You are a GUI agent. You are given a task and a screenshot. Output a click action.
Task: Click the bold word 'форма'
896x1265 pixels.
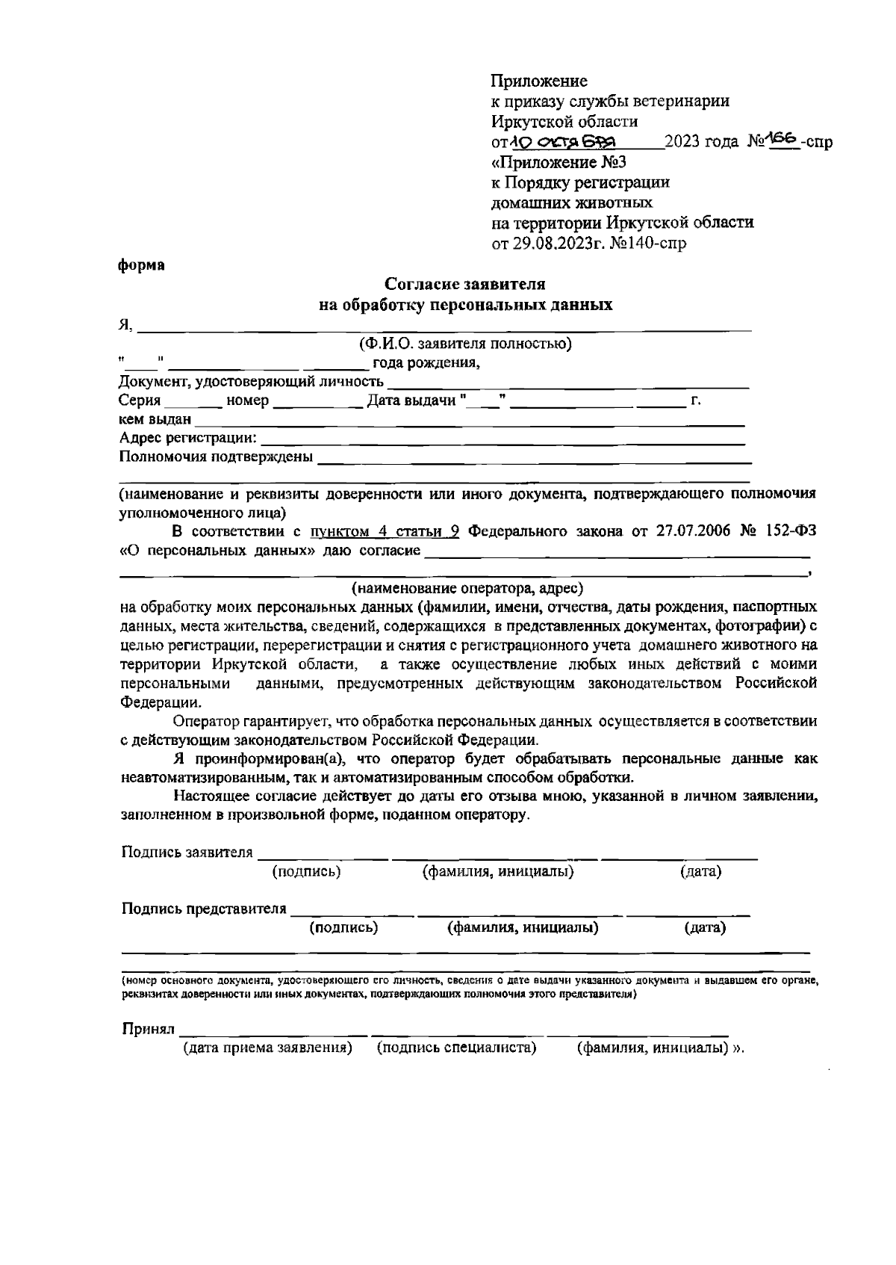point(142,266)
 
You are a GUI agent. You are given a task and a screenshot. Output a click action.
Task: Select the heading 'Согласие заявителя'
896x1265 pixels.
point(464,285)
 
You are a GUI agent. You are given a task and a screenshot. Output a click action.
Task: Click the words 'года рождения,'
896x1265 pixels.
point(426,364)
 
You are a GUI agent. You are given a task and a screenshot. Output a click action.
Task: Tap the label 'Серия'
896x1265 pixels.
point(140,401)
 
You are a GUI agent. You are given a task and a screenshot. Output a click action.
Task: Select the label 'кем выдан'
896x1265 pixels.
point(155,420)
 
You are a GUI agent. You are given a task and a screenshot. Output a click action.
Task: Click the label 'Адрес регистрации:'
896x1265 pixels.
point(188,438)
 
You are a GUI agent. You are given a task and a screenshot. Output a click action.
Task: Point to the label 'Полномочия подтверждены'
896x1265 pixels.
point(217,457)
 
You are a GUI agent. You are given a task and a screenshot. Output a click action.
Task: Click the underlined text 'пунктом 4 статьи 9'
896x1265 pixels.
point(385,532)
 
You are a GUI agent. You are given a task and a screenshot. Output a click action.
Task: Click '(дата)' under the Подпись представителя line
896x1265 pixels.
point(705,928)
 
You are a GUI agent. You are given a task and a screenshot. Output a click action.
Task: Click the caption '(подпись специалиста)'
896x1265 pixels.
point(457,1048)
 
